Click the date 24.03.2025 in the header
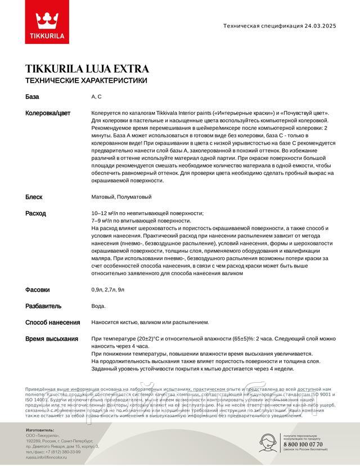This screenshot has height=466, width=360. pos(327,26)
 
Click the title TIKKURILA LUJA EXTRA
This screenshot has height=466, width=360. pos(87,69)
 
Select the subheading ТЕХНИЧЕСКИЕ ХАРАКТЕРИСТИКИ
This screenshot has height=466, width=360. pos(86,80)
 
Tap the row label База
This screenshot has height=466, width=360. pos(33,97)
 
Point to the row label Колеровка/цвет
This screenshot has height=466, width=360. pos(48,113)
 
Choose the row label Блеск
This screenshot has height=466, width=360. pos(34,197)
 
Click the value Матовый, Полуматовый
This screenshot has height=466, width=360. pos(121,197)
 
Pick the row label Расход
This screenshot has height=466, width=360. pos(35,213)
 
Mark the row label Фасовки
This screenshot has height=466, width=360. pos(38,290)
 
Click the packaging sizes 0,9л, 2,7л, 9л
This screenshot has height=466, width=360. pos(108,290)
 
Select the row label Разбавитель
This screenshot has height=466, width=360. pos(43,306)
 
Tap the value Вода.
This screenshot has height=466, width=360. pos(98,306)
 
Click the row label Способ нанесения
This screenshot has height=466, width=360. pos(52,322)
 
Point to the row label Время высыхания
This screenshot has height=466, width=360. pos(52,339)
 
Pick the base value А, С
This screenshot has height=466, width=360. pos(96,97)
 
